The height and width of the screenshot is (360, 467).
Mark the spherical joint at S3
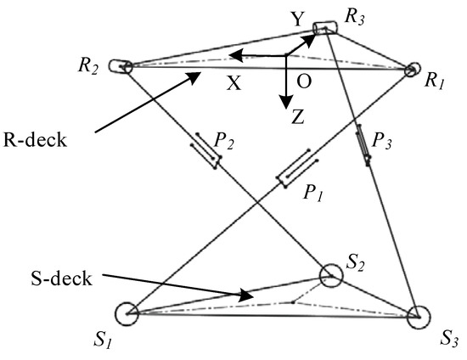click(x=416, y=318)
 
